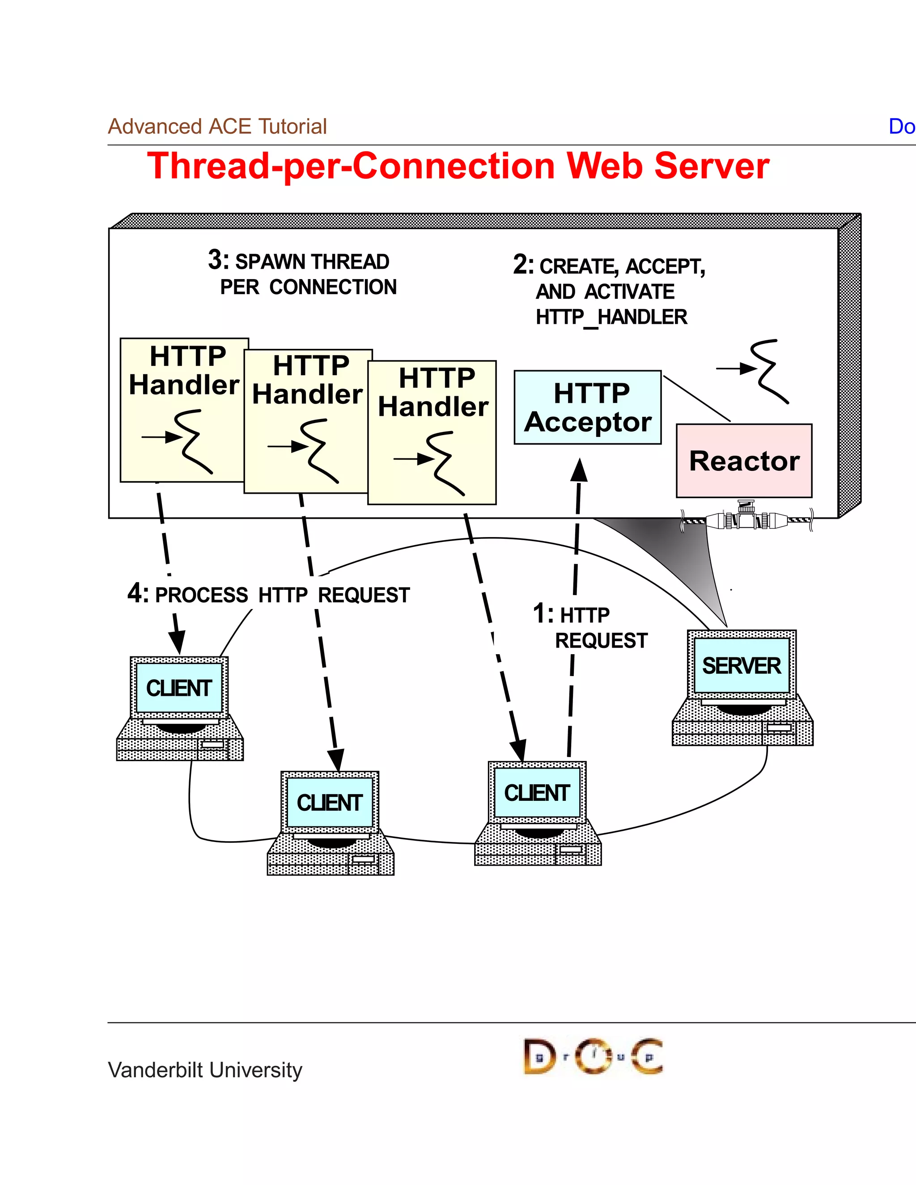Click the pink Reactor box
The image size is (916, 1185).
point(744,461)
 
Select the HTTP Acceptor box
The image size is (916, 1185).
point(588,407)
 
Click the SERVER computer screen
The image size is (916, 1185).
point(742,665)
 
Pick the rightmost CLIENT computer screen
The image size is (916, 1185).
point(537,793)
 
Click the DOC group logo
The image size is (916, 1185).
point(593,1056)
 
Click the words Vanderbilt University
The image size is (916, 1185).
point(205,1070)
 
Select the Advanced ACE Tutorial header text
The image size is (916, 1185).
point(217,127)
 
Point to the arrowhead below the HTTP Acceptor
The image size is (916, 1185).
point(579,470)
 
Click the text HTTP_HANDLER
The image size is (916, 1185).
point(611,317)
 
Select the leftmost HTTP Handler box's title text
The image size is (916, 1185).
point(185,371)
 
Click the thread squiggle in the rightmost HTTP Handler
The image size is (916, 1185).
point(445,462)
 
